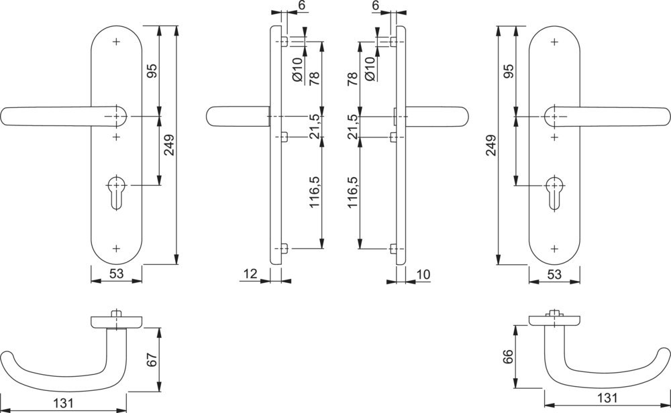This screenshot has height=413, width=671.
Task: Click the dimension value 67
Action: pyautogui.click(x=152, y=360)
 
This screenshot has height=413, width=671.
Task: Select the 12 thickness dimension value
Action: pyautogui.click(x=250, y=274)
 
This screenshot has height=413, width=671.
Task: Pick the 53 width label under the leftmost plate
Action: pyautogui.click(x=116, y=274)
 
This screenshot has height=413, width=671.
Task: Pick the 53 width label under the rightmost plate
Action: pyautogui.click(x=554, y=274)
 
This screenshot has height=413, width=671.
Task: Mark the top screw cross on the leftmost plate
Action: pyautogui.click(x=116, y=42)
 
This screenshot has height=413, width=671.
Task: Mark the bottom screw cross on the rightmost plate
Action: pyautogui.click(x=554, y=249)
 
